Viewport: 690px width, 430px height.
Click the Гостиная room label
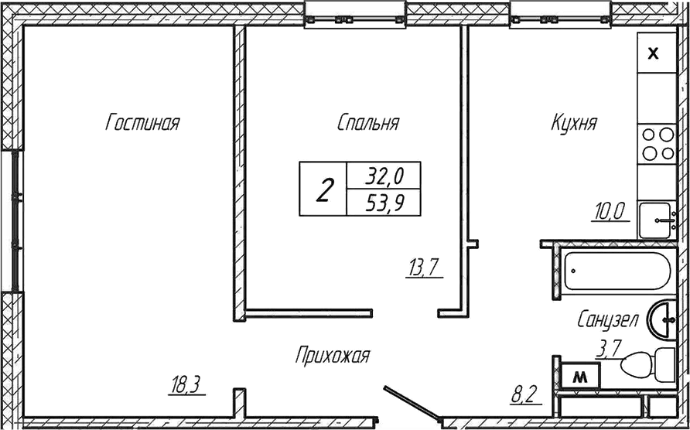pyautogui.click(x=142, y=123)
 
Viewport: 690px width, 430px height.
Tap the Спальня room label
pyautogui.click(x=368, y=123)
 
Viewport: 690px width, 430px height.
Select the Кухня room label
pyautogui.click(x=574, y=123)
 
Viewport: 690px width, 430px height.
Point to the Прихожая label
pyautogui.click(x=333, y=356)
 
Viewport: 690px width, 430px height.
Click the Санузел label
pyautogui.click(x=607, y=320)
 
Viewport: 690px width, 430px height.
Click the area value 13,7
pyautogui.click(x=423, y=268)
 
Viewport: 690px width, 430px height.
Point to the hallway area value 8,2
pyautogui.click(x=525, y=396)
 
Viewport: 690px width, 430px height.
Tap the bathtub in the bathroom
pyautogui.click(x=614, y=271)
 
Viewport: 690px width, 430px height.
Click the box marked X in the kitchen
pyautogui.click(x=654, y=53)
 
